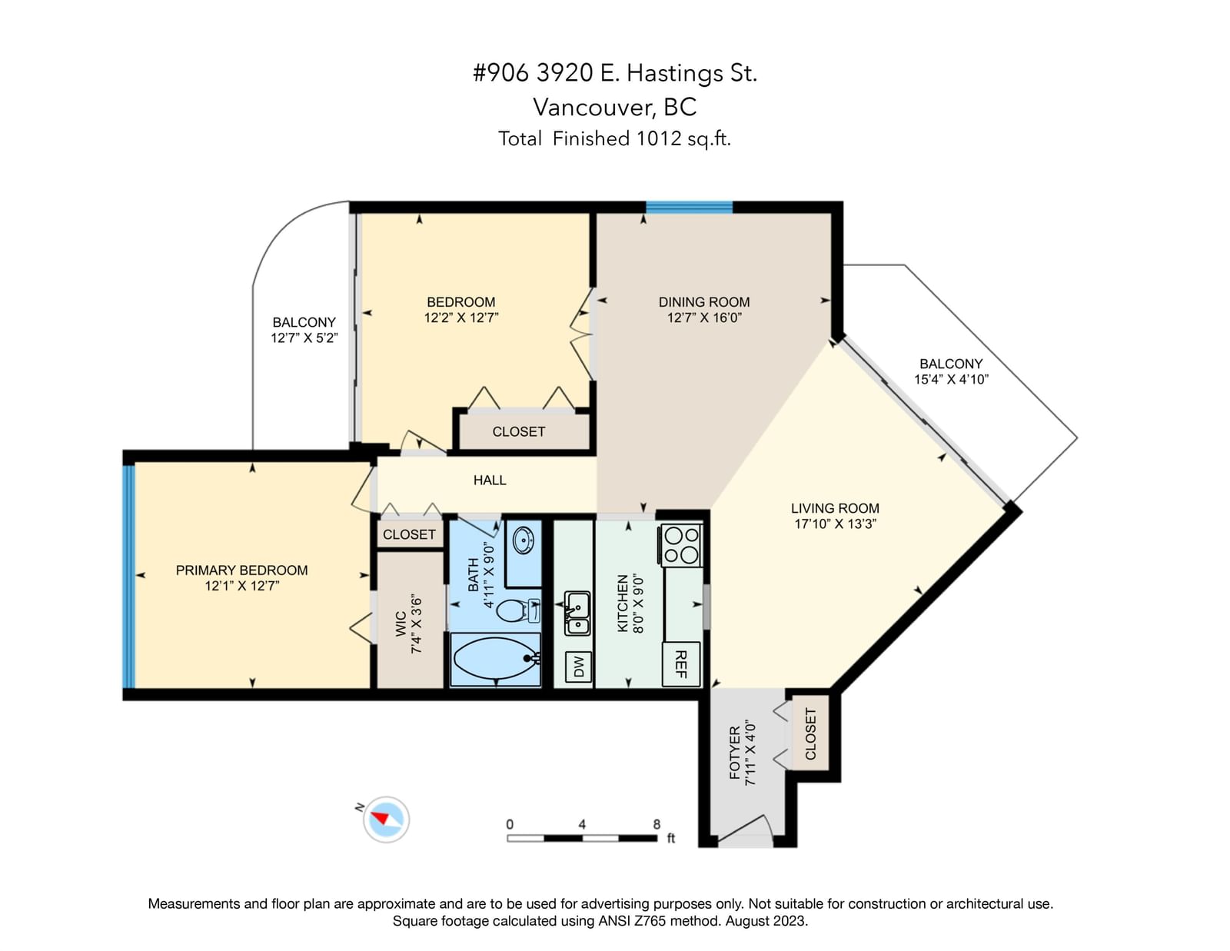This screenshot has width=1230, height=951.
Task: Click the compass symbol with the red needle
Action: [386, 819]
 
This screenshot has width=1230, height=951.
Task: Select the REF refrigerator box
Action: [681, 663]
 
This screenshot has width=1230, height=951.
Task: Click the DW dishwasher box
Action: [578, 667]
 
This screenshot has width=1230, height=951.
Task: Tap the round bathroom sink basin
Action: [524, 540]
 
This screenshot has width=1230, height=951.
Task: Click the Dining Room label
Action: [704, 302]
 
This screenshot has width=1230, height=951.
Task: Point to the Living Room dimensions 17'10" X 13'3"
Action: [835, 524]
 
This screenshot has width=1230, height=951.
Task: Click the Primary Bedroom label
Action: [241, 570]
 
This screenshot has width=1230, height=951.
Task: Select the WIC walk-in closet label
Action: [401, 623]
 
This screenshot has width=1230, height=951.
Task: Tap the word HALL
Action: [490, 480]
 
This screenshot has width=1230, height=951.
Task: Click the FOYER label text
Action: [735, 753]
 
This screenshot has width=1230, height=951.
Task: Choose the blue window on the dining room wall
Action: [690, 207]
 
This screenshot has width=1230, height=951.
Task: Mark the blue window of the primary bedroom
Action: [129, 577]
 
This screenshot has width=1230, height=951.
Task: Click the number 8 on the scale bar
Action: [657, 824]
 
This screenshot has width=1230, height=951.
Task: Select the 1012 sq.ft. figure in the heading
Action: [683, 138]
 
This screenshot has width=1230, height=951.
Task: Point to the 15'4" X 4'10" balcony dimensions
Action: [951, 379]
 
